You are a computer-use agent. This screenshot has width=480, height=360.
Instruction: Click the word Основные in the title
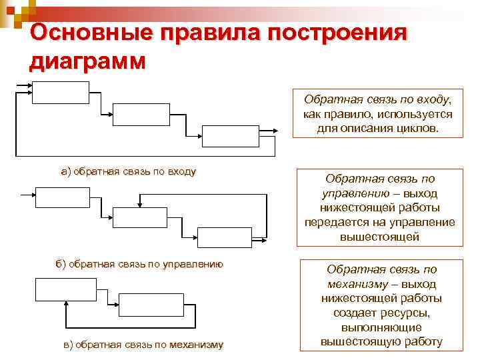pos(79,33)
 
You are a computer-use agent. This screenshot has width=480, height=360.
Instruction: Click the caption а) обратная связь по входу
pos(129,171)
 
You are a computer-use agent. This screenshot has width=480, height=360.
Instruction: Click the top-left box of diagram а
pos(61,93)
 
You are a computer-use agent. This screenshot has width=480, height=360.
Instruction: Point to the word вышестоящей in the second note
pos(379,235)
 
